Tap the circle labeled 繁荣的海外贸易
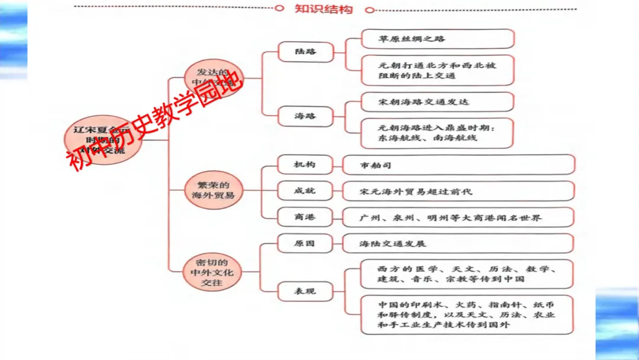coord(213,190)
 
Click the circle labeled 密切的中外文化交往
coord(212,272)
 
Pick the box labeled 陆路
coord(305,52)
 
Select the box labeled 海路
coord(305,115)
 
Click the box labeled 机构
coord(305,164)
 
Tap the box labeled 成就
coord(305,191)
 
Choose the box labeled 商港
coord(305,217)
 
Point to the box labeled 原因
coord(305,243)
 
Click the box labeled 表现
coord(305,291)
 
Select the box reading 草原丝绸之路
coord(438,39)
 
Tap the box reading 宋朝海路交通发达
coord(438,102)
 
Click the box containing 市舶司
coord(458,165)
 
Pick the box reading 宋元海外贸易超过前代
coord(458,191)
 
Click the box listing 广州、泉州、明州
coord(458,217)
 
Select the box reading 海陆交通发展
coord(458,243)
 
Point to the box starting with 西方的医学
coord(467,274)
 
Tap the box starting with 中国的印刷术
coord(467,314)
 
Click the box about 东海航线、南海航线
coord(438,133)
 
